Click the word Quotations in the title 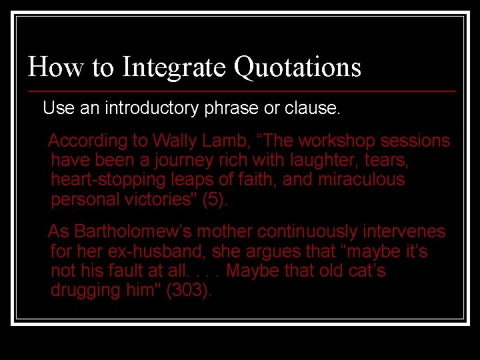tap(297, 67)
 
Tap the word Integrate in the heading tap(175, 67)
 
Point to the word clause tap(312, 108)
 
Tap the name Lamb tap(223, 141)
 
